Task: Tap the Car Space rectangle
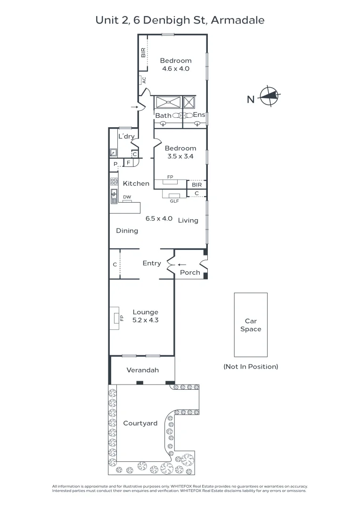point(251,325)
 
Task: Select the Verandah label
point(142,370)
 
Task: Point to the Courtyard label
point(140,423)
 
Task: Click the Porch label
point(190,272)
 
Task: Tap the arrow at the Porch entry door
point(182,264)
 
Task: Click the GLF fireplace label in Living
point(174,201)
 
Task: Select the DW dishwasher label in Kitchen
point(127,197)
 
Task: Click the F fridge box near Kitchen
point(128,163)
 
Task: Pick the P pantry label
point(115,164)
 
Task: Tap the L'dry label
point(126,137)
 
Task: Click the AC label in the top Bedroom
point(144,80)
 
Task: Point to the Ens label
point(199,115)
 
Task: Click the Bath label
point(164,115)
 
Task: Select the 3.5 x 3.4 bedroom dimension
point(180,156)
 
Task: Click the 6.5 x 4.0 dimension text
point(159,219)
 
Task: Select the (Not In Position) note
point(251,366)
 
